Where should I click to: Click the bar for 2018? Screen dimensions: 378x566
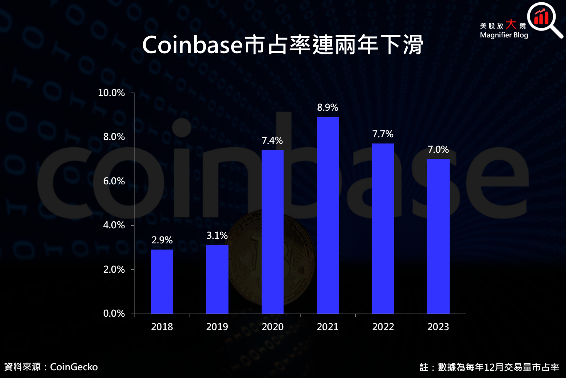tap(162, 282)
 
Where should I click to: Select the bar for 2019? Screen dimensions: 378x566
tap(217, 279)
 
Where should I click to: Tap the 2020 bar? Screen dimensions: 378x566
tap(272, 232)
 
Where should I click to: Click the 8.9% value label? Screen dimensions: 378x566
tap(328, 108)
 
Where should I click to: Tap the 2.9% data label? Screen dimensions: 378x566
tap(162, 240)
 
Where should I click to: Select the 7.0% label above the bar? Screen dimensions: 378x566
tap(438, 150)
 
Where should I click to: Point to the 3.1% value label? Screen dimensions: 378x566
tap(217, 236)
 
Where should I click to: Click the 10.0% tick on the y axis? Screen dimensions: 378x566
tap(111, 93)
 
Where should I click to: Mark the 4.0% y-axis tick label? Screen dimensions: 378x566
tap(114, 225)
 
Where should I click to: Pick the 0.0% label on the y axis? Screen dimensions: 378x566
tap(114, 314)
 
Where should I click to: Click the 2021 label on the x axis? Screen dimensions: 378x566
tap(328, 327)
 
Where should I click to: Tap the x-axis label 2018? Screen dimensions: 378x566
tap(162, 327)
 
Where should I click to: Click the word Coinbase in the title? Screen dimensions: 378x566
tap(192, 45)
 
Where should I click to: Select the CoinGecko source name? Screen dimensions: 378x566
tap(74, 367)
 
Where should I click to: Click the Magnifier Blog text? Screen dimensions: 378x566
tap(504, 35)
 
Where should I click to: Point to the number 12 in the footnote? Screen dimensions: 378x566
tap(489, 367)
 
